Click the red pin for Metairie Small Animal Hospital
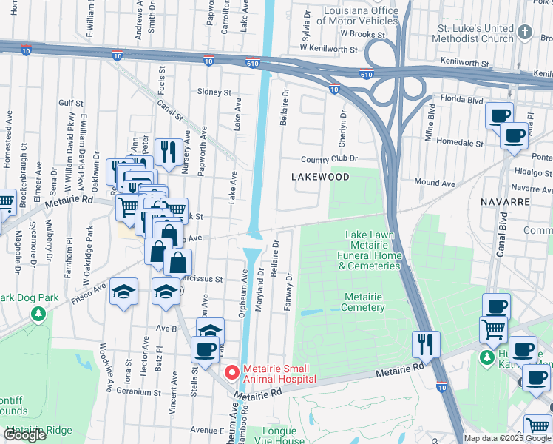point(231,372)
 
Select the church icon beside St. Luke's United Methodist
point(525,33)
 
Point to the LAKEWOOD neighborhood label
point(319,177)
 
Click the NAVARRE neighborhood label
point(504,201)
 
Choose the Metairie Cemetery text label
point(364,302)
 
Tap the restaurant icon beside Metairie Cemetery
point(427,343)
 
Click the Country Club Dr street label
point(329,158)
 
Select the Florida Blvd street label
point(462,98)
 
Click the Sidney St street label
point(214,92)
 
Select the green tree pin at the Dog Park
point(38,314)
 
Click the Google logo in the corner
point(25,435)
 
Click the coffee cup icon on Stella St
point(206,349)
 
